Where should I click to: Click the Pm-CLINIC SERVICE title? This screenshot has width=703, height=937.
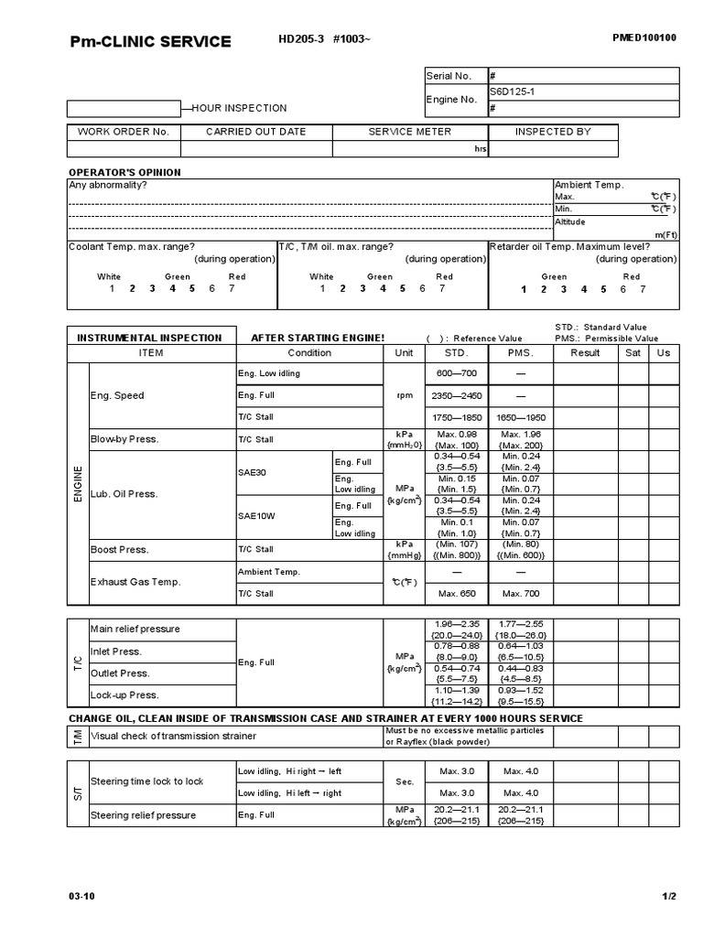click(151, 42)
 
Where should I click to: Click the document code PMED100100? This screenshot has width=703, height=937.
click(644, 38)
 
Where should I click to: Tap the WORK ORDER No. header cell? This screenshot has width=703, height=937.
click(124, 132)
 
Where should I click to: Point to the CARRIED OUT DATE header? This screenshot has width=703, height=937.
click(255, 132)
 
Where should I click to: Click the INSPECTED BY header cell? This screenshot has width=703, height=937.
click(553, 132)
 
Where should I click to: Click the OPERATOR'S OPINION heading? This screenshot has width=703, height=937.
click(125, 172)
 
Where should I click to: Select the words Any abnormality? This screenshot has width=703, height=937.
click(108, 185)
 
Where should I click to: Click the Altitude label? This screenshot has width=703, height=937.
click(569, 221)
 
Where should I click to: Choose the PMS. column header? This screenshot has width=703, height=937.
click(520, 353)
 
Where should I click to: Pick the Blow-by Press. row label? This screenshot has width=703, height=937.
click(124, 439)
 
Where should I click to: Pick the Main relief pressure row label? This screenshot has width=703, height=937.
click(135, 629)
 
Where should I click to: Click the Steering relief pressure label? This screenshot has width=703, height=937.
click(143, 815)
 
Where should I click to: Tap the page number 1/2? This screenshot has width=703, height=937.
click(669, 896)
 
